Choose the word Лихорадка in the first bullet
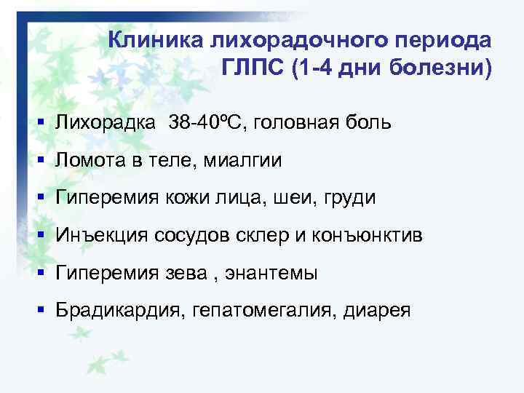[105, 122]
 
